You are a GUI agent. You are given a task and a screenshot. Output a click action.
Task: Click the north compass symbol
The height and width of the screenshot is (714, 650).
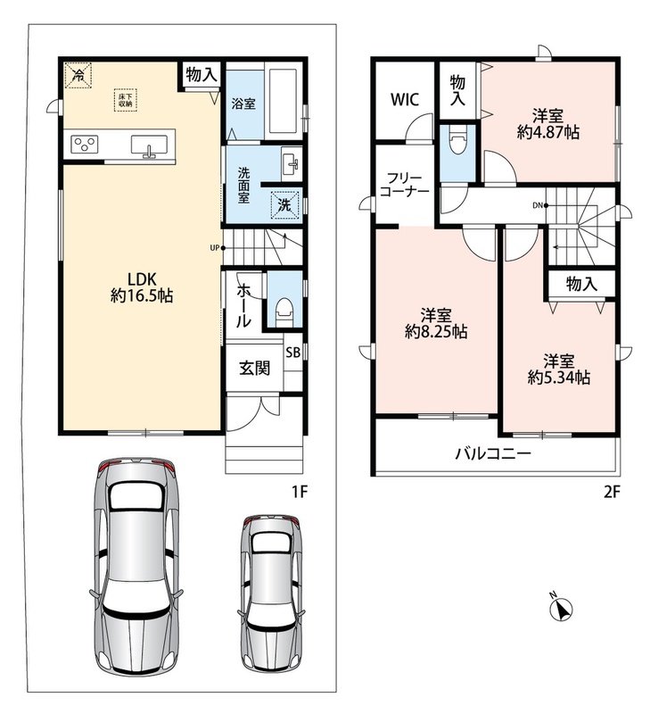[561, 609]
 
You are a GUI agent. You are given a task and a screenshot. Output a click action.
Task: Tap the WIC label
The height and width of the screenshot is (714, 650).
[405, 100]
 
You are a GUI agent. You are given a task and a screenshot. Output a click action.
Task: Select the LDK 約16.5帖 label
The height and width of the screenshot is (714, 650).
[142, 286]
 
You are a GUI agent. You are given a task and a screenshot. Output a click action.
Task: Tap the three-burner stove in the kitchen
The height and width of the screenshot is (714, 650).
[84, 145]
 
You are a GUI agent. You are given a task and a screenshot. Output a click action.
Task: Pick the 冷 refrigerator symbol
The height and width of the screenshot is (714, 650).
[78, 75]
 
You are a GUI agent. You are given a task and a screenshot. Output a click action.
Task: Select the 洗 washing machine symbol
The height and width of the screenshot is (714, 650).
[284, 205]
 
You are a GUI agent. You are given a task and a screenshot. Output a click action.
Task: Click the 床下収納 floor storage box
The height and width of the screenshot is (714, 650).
[125, 100]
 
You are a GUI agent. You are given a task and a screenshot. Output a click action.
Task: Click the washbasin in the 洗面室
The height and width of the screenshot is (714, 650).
[291, 162]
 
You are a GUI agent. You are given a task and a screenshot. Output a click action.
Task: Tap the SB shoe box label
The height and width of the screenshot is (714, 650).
[293, 352]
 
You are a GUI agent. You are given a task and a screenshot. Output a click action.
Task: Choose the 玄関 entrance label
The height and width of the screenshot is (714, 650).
[254, 368]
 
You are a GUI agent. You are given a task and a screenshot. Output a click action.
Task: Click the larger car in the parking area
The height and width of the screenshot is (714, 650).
[136, 567]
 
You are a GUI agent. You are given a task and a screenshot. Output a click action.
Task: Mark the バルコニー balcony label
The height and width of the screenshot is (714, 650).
[493, 453]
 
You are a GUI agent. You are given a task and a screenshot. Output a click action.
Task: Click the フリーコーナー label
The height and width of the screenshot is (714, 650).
[405, 185]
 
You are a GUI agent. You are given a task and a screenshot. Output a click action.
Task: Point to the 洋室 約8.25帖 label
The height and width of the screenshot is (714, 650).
[436, 323]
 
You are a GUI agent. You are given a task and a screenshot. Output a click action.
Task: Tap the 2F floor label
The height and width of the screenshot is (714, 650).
[612, 492]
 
